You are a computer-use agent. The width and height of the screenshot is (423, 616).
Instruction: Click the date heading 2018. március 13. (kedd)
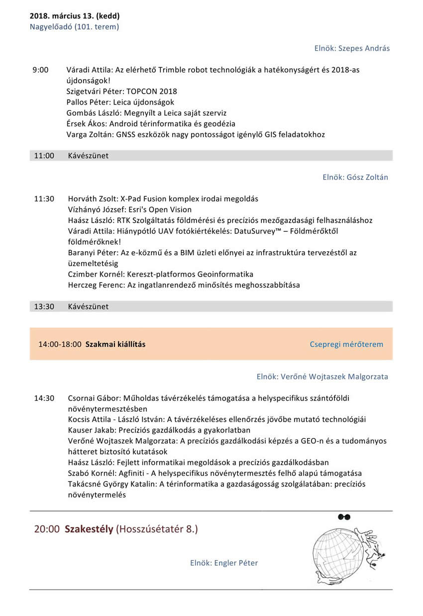pos(75,16)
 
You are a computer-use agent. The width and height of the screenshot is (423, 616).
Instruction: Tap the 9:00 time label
pos(40,70)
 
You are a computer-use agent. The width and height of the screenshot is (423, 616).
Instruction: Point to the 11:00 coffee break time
pos(44,155)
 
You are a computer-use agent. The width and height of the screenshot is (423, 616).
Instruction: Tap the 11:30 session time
pos(44,199)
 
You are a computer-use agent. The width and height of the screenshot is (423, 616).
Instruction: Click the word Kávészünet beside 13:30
pos(88,307)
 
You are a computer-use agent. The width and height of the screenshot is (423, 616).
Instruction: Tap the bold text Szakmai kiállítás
pos(115,344)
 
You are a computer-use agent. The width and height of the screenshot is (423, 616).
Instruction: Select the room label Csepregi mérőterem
pos(346,344)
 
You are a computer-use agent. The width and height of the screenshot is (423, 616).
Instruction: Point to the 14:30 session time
pos(44,398)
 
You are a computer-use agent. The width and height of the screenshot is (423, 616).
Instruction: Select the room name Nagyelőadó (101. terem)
pos(75,26)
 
